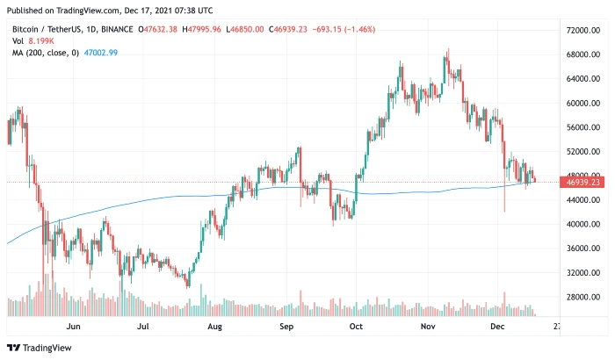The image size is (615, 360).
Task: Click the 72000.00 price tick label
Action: [x=583, y=30]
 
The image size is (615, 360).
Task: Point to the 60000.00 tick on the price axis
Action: [x=583, y=103]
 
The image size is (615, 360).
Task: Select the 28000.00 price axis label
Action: [x=583, y=297]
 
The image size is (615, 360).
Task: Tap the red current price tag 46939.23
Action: [x=583, y=183]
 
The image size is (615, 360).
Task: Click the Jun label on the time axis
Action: [x=74, y=326]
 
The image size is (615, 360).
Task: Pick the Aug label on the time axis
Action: [x=214, y=326]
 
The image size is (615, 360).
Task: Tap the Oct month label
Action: [x=356, y=326]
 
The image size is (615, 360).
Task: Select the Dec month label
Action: [x=498, y=326]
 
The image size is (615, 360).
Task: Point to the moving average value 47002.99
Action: [x=100, y=53]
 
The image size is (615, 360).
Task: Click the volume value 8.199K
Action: [x=40, y=40]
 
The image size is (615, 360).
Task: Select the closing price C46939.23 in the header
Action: [x=299, y=28]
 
